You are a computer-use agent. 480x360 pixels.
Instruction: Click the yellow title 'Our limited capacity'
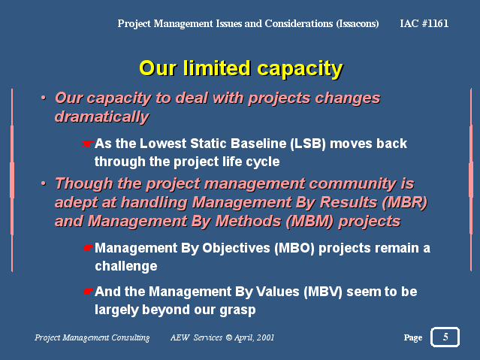pos(241,68)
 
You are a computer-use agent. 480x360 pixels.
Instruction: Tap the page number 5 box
pos(445,337)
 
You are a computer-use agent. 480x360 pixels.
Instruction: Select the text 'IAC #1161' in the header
pos(424,23)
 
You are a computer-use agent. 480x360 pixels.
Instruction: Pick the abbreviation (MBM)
pos(309,221)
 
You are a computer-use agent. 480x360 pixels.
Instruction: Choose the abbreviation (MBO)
pos(294,248)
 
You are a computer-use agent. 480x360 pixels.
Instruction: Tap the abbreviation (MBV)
pos(323,292)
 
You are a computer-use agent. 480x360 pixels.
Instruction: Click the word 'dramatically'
pos(101,116)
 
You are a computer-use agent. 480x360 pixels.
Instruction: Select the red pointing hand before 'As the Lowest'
pos(88,144)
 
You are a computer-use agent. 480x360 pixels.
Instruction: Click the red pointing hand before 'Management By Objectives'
pos(88,248)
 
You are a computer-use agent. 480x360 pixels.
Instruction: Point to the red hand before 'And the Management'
pos(88,292)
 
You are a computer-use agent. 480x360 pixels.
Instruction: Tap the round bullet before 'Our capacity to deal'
pos(44,98)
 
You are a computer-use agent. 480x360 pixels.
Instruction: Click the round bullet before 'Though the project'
pos(44,183)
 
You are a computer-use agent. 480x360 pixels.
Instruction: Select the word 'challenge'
pos(125,266)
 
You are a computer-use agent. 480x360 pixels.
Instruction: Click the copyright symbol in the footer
pos(228,337)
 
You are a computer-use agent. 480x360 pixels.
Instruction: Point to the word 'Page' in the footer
pos(413,337)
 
